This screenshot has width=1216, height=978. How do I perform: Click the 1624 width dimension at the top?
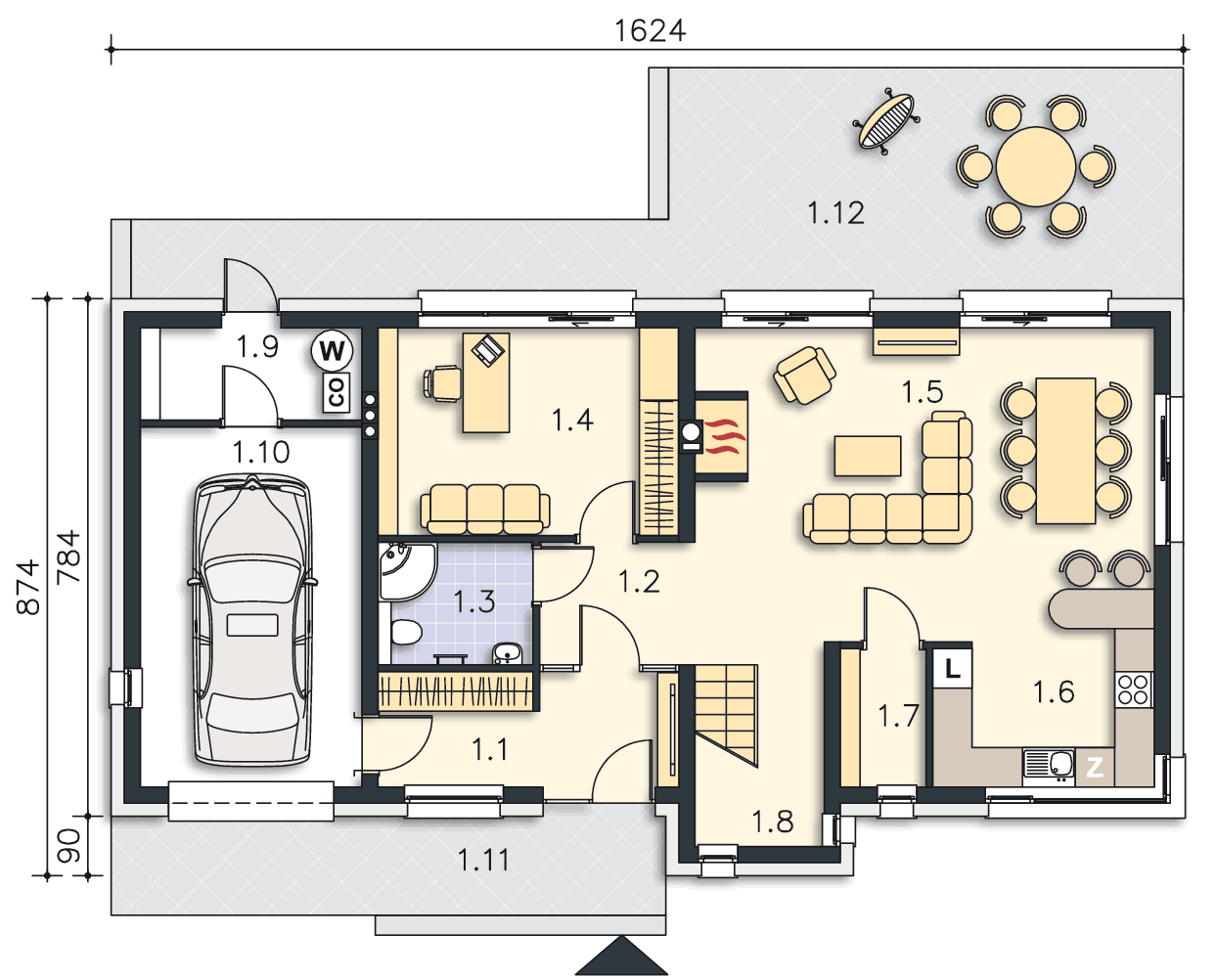(x=650, y=31)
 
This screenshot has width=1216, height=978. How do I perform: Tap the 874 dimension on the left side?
(x=28, y=587)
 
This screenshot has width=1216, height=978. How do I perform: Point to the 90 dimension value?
(x=68, y=846)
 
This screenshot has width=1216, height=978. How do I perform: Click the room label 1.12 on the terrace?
(x=835, y=213)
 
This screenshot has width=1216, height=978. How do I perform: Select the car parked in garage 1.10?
(x=252, y=620)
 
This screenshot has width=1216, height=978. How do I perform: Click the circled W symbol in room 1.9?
(x=332, y=351)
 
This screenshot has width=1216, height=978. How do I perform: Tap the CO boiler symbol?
(x=337, y=392)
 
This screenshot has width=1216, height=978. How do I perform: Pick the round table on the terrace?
(x=1036, y=166)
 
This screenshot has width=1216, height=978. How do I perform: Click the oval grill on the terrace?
(x=886, y=121)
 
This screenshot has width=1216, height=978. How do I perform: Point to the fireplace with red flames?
(x=720, y=436)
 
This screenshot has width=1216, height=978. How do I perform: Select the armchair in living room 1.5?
(x=804, y=375)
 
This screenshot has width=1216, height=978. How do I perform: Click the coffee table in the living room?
(x=868, y=456)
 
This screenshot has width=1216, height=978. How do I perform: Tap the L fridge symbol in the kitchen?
(x=953, y=669)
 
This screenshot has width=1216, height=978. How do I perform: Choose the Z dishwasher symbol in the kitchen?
(x=1095, y=768)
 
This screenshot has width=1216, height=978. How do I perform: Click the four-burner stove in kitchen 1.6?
(x=1134, y=689)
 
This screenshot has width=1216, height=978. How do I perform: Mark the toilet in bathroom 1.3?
(x=406, y=633)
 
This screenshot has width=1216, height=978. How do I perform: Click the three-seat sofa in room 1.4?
(x=485, y=509)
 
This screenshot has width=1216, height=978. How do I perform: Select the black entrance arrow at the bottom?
(x=621, y=956)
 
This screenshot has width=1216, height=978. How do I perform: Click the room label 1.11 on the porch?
(x=483, y=861)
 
